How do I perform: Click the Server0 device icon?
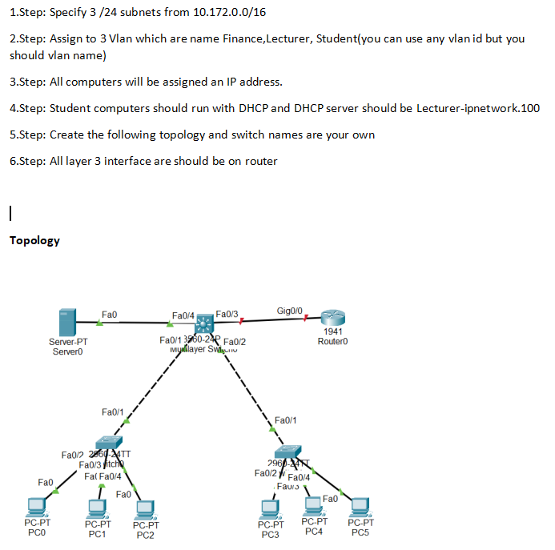point(68,323)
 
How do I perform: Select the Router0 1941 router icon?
point(331,318)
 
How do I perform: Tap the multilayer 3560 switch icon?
point(207,323)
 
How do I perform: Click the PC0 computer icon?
point(36,507)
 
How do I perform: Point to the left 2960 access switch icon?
point(107,444)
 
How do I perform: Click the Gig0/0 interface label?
point(289,310)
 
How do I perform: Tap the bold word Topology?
point(34,240)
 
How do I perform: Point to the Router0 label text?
point(332,342)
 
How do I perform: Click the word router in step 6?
point(261,161)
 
